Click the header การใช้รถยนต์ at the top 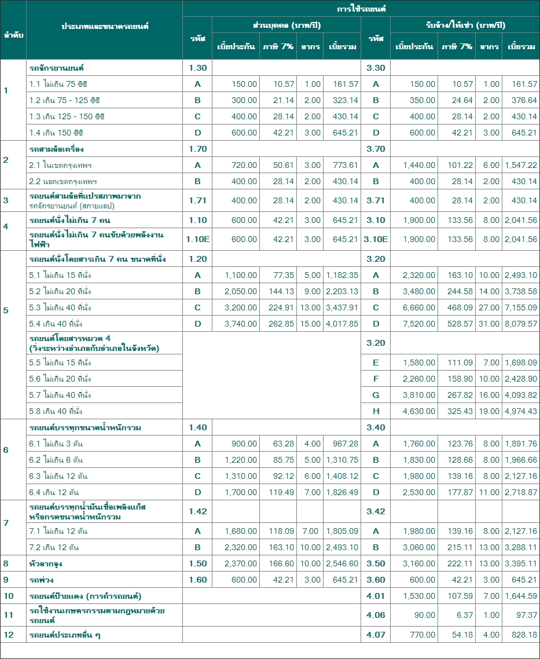pos(361,9)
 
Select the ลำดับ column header pos(13,35)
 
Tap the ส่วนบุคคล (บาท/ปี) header pos(286,25)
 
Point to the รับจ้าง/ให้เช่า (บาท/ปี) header pos(465,25)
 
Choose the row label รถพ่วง pos(42,580)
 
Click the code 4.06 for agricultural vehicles pos(376,615)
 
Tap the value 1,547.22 pos(521,165)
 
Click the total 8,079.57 pos(521,324)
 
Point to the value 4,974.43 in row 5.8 pos(521,411)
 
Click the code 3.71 pos(376,200)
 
